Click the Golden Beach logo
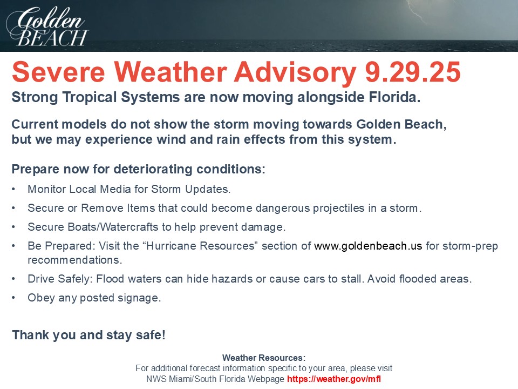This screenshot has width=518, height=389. [x=47, y=26]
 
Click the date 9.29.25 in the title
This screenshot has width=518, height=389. [x=413, y=72]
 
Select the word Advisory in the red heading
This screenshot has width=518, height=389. [x=295, y=72]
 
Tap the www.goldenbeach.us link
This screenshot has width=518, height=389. [x=368, y=246]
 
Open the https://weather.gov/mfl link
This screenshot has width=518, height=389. [x=334, y=379]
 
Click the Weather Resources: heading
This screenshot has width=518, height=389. [x=264, y=358]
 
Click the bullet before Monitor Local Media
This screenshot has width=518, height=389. [x=13, y=189]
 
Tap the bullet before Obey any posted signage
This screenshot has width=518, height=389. [x=13, y=298]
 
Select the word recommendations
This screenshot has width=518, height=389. [x=74, y=260]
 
